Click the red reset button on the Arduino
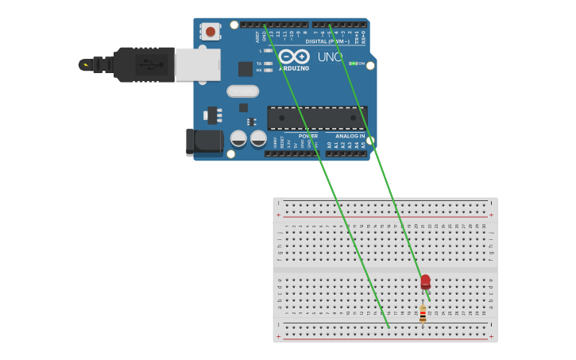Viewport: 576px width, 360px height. pyautogui.click(x=211, y=31)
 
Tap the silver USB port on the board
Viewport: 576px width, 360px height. pyautogui.click(x=197, y=64)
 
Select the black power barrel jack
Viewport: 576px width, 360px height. pyautogui.click(x=205, y=141)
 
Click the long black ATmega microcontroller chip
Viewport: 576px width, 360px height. pyautogui.click(x=317, y=118)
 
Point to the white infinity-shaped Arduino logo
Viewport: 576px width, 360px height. pyautogui.click(x=293, y=56)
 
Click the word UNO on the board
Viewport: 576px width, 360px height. pyautogui.click(x=330, y=57)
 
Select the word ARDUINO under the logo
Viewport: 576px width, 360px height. pyautogui.click(x=294, y=68)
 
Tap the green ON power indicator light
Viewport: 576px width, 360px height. pyautogui.click(x=351, y=63)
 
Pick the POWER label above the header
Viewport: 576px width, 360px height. pyautogui.click(x=308, y=136)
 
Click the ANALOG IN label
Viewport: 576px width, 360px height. pyautogui.click(x=350, y=136)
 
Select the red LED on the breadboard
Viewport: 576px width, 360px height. pyautogui.click(x=425, y=281)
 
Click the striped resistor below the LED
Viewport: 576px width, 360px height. pyautogui.click(x=423, y=313)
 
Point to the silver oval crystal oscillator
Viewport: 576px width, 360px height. pyautogui.click(x=242, y=91)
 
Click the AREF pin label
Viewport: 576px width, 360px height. pyautogui.click(x=257, y=37)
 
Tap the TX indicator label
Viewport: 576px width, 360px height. pyautogui.click(x=259, y=63)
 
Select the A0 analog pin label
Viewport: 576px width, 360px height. pyautogui.click(x=329, y=145)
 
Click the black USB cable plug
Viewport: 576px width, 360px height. pyautogui.click(x=143, y=64)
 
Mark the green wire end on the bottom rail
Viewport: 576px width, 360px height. pyautogui.click(x=389, y=327)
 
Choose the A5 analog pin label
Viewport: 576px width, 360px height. pyautogui.click(x=364, y=145)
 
